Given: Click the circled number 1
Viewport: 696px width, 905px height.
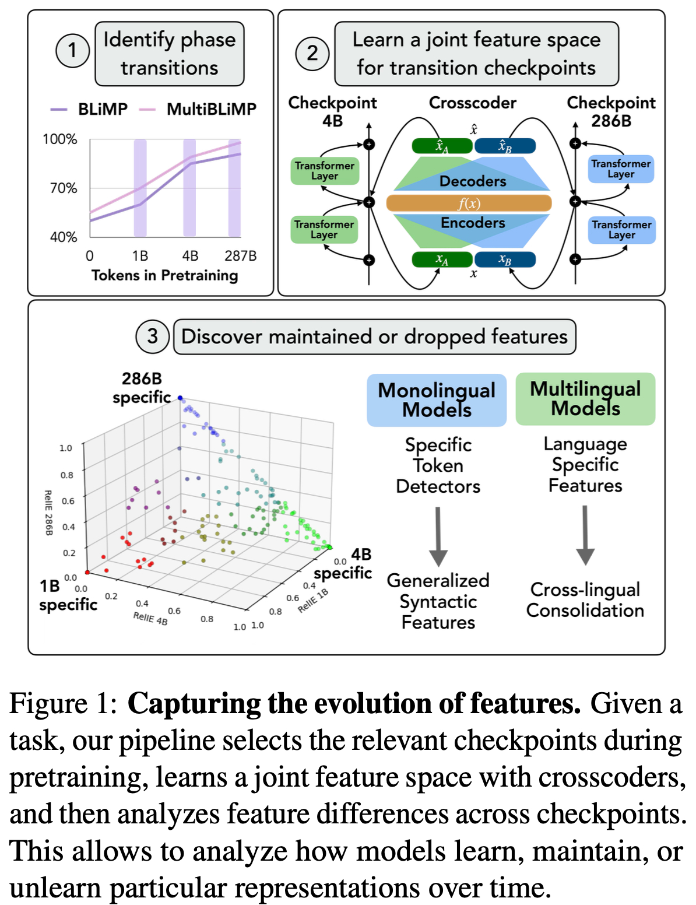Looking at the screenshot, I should click(x=72, y=51).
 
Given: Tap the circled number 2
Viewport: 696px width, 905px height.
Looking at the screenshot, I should click(x=312, y=53).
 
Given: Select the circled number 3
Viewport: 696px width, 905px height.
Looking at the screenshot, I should click(x=152, y=336).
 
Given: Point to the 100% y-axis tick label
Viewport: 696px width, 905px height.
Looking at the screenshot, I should click(x=59, y=139).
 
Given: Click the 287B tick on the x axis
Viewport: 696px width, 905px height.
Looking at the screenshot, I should click(x=240, y=256).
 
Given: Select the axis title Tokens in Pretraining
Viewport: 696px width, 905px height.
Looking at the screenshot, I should click(x=164, y=275).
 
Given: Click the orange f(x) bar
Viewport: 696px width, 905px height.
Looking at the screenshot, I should click(x=469, y=203).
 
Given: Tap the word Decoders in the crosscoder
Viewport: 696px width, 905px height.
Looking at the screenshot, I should click(x=473, y=181).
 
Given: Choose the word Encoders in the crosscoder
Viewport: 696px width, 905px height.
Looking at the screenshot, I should click(x=473, y=223).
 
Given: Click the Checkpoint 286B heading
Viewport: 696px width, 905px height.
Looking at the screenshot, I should click(x=611, y=111).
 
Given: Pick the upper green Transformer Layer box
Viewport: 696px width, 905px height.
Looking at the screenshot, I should click(x=325, y=171).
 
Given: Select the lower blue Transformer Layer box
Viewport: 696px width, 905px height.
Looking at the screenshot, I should click(x=621, y=230).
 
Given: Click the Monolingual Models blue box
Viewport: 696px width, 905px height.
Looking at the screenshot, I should click(x=437, y=400).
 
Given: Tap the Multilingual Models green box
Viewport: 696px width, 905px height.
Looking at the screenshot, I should click(x=585, y=399).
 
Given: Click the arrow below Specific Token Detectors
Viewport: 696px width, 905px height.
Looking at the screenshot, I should click(x=438, y=536).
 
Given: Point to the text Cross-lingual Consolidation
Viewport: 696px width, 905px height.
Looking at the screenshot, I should click(x=585, y=599).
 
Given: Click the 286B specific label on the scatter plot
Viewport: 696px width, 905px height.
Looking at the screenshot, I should click(x=142, y=388).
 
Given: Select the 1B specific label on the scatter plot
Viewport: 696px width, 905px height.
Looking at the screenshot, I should click(x=68, y=595).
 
